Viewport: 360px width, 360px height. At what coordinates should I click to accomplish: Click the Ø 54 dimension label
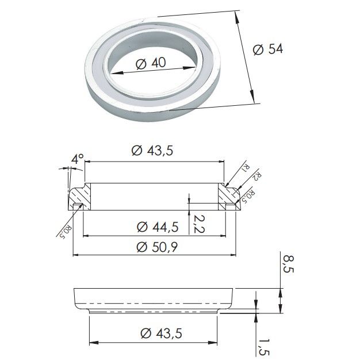[268, 49]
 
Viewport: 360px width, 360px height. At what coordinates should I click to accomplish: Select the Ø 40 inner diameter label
[151, 63]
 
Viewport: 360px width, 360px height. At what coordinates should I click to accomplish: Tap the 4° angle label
[78, 159]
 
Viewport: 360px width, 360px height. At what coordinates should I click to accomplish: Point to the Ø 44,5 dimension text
[158, 227]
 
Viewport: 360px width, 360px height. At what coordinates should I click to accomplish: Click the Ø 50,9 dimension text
[157, 247]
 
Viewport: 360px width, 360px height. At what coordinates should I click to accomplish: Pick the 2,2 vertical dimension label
[199, 224]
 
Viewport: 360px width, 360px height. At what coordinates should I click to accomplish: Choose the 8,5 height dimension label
[288, 264]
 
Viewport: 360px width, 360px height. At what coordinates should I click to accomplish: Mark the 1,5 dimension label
[263, 347]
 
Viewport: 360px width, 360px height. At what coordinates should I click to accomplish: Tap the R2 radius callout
[256, 177]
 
